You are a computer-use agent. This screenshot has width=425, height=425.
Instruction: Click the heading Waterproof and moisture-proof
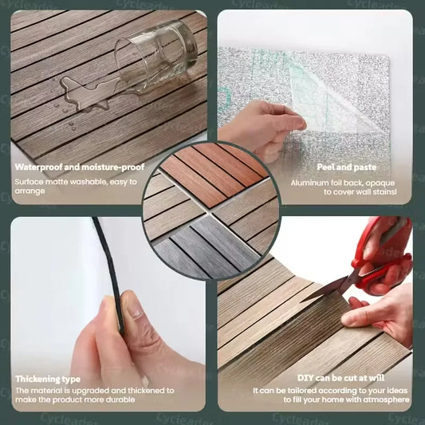tap(80, 167)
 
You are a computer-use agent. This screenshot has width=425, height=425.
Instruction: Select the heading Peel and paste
tap(347, 167)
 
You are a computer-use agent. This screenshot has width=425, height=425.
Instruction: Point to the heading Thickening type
tap(48, 379)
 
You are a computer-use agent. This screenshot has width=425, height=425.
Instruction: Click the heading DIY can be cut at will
tap(340, 378)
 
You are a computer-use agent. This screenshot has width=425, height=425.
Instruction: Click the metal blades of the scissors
tap(328, 290)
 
